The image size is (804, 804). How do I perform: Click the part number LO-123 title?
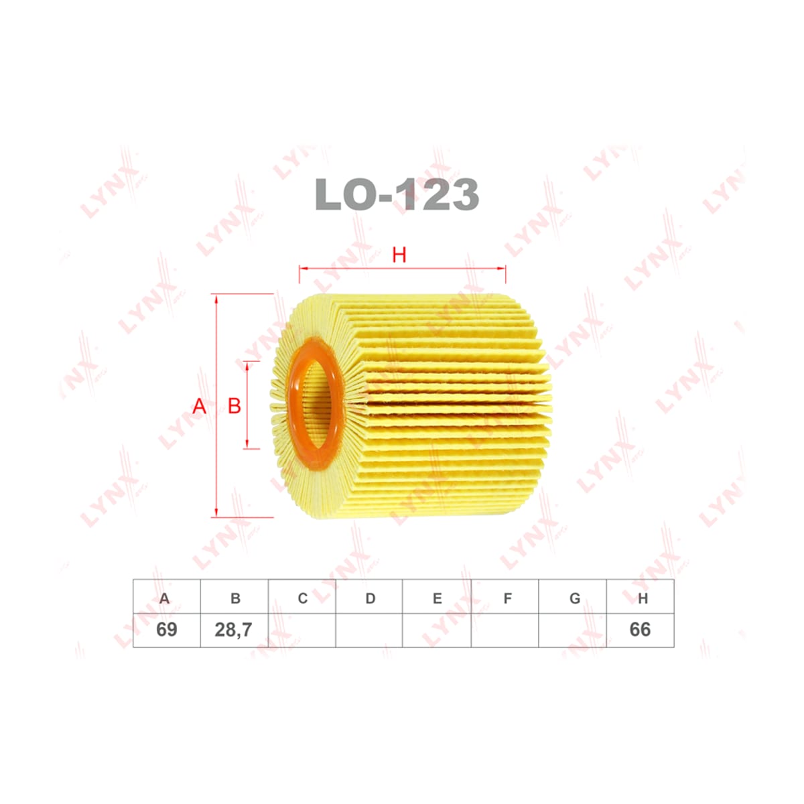point(397,194)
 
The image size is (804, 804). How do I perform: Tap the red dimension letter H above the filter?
point(399,255)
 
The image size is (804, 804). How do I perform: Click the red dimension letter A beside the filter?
point(199,406)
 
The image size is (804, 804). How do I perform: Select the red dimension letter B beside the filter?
point(235,406)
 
